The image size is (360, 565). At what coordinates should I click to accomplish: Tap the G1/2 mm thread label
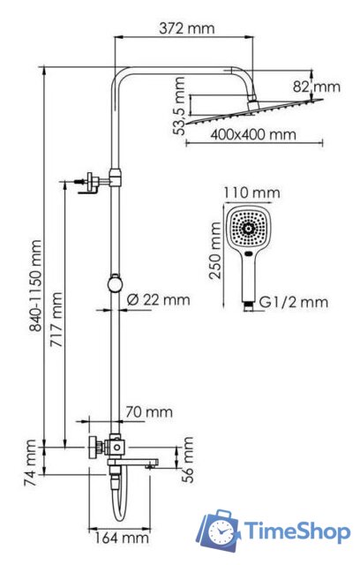pyautogui.click(x=297, y=303)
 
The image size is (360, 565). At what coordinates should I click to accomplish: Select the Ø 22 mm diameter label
pyautogui.click(x=158, y=300)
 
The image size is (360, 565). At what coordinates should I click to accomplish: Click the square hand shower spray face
pyautogui.click(x=250, y=229)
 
